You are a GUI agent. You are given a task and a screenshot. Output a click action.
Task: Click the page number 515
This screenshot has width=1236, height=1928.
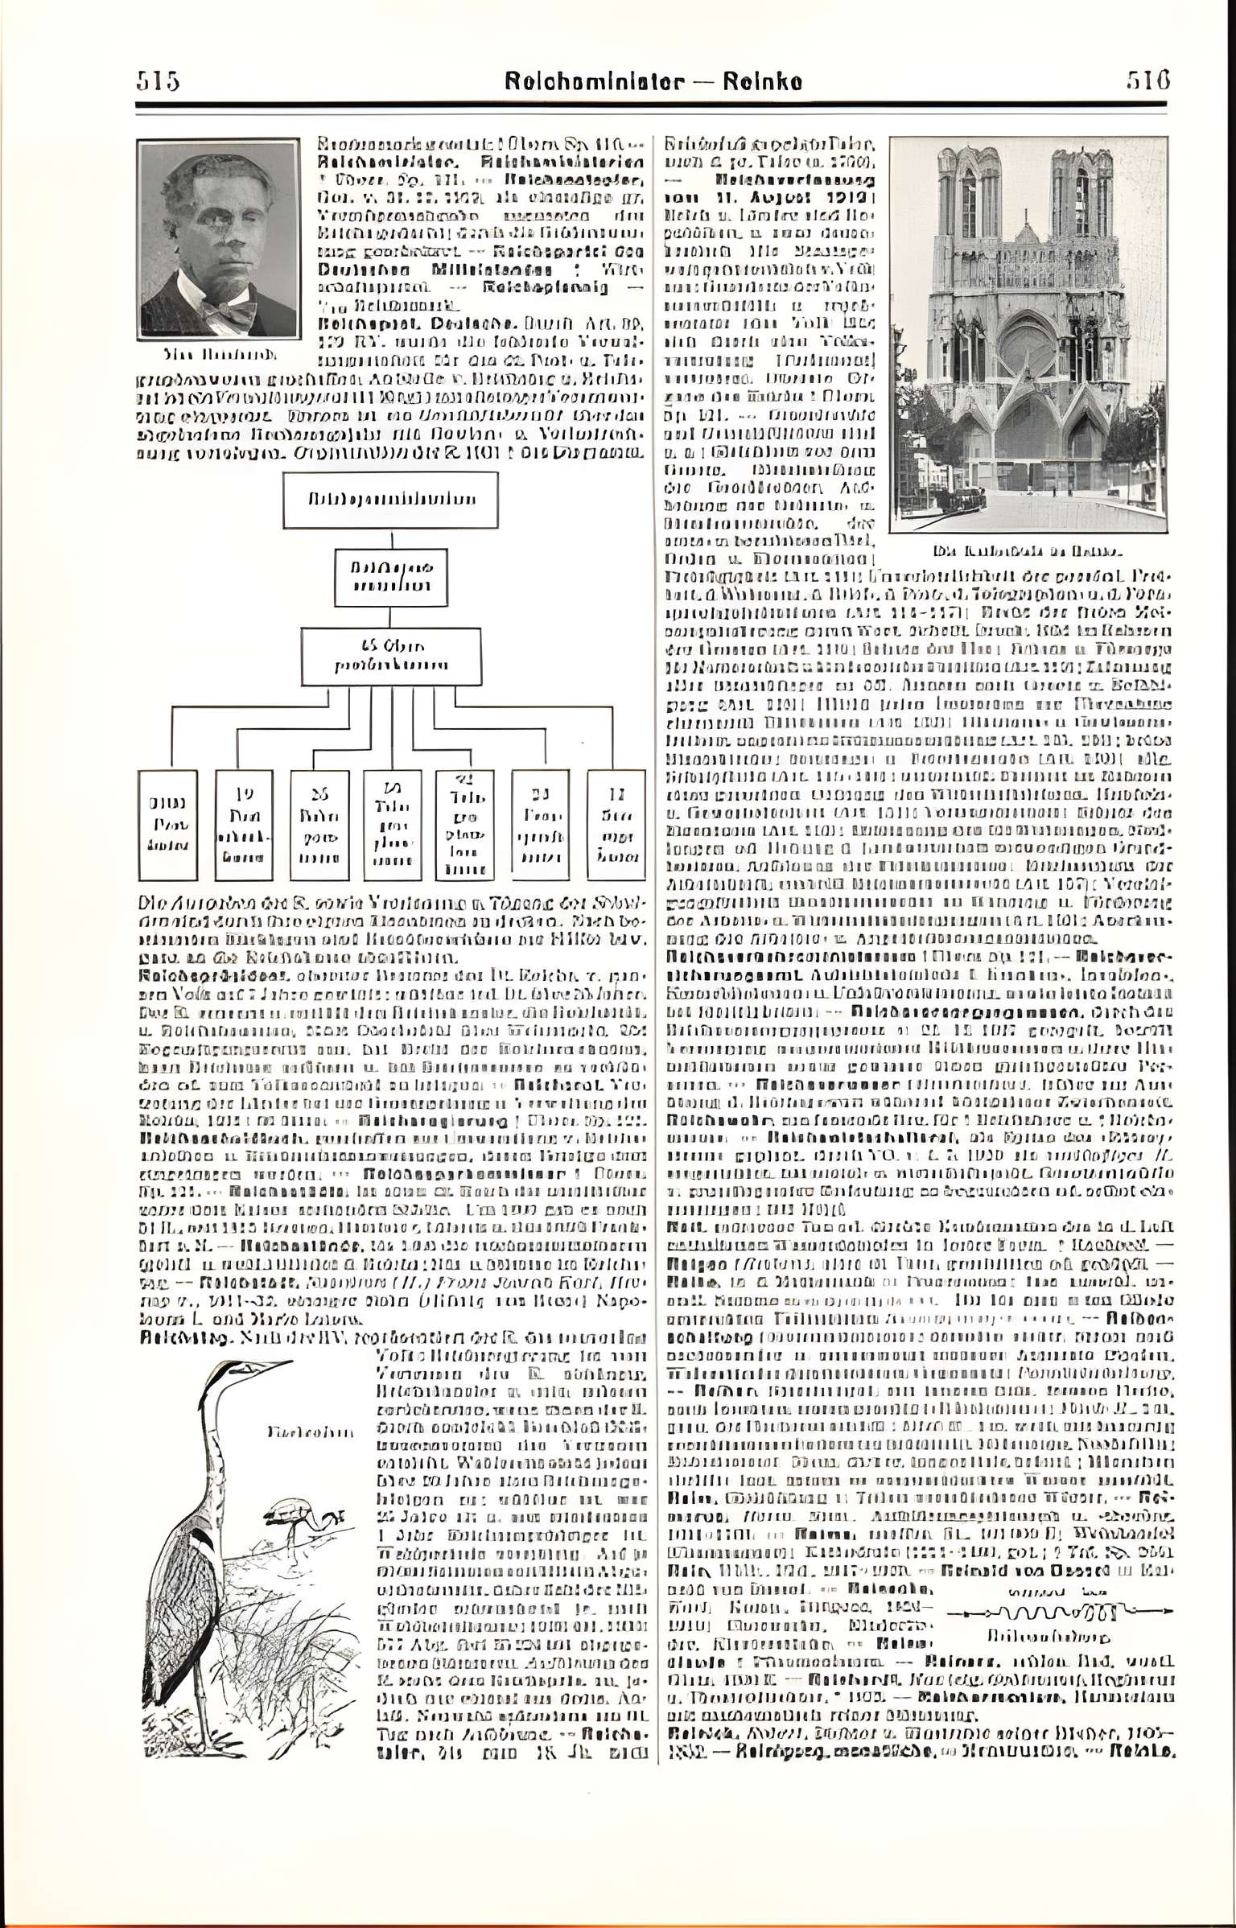pos(158,81)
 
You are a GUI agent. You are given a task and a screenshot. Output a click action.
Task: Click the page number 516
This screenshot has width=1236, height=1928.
pos(1147,80)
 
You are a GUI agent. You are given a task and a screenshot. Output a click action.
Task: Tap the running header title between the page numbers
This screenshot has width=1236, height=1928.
pos(653,81)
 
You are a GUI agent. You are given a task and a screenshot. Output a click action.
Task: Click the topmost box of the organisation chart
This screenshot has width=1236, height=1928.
pos(390,500)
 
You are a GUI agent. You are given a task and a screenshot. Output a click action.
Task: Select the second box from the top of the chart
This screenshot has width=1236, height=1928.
pos(391,577)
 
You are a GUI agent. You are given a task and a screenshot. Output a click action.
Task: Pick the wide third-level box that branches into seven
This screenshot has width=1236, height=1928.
pos(391,656)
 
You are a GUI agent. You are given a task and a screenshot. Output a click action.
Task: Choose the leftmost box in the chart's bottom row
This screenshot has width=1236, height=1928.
pos(167,824)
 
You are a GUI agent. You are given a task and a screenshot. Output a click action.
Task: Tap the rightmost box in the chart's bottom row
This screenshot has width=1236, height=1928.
pos(616,824)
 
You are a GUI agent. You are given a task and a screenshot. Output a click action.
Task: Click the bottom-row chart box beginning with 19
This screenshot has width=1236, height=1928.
pos(243,824)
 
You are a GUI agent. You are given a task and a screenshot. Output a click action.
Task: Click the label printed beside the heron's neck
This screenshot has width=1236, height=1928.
pos(309,1432)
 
